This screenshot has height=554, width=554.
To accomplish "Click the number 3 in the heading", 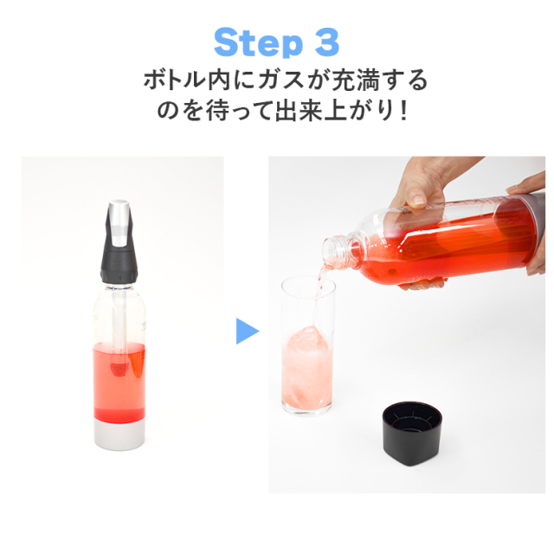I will (322, 42).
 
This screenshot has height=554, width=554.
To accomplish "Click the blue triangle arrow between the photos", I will (247, 330).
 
